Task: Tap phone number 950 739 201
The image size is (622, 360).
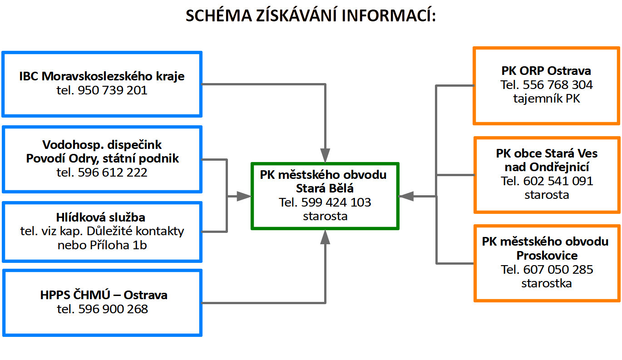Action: click(113, 90)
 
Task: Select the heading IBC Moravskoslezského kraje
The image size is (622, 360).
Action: click(102, 76)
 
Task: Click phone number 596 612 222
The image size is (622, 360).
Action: click(113, 173)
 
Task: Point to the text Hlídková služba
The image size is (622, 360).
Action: click(102, 217)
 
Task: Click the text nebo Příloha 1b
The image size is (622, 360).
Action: click(102, 245)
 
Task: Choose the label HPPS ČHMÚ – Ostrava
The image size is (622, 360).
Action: click(104, 295)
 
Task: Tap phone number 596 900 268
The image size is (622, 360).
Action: click(113, 309)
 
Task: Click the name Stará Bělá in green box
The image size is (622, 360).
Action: click(325, 188)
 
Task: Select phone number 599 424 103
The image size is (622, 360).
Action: click(336, 202)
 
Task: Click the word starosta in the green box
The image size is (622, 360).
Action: click(325, 216)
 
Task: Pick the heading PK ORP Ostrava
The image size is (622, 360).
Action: click(546, 71)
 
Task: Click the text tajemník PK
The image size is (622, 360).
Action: click(547, 98)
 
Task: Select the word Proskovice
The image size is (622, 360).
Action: click(547, 255)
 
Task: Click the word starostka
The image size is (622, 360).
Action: click(547, 283)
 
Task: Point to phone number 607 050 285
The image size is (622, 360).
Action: click(558, 269)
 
